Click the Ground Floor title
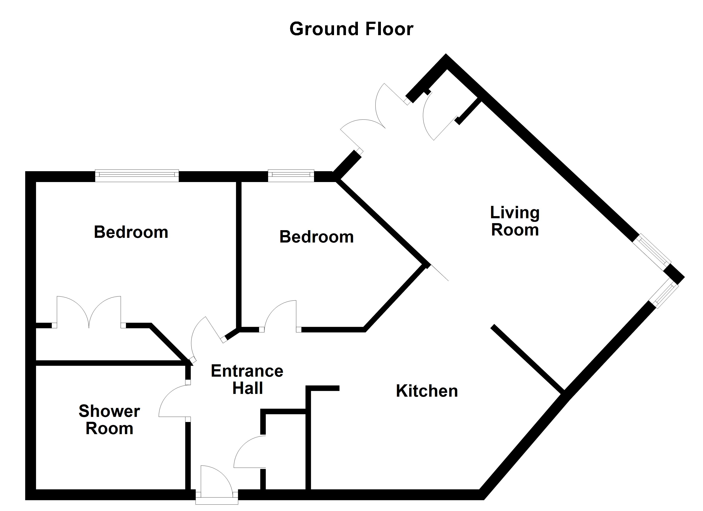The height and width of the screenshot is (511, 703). [351, 29]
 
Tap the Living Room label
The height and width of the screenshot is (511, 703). [515, 221]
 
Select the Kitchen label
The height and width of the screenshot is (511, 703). [427, 391]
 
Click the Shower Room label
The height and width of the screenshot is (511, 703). [109, 420]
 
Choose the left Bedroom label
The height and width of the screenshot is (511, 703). [131, 232]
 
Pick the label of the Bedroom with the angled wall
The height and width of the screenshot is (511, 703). [317, 237]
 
